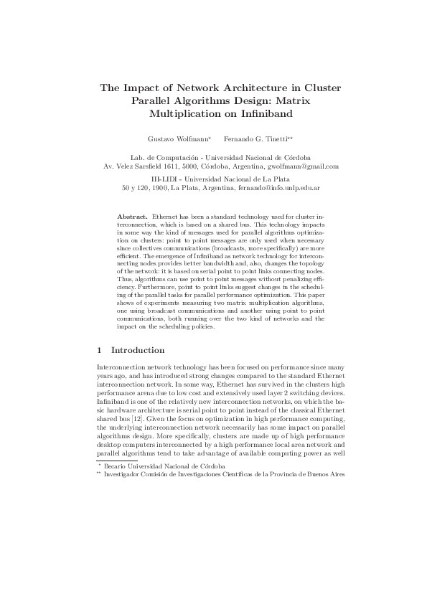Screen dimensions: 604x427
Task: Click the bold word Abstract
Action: click(x=132, y=215)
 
